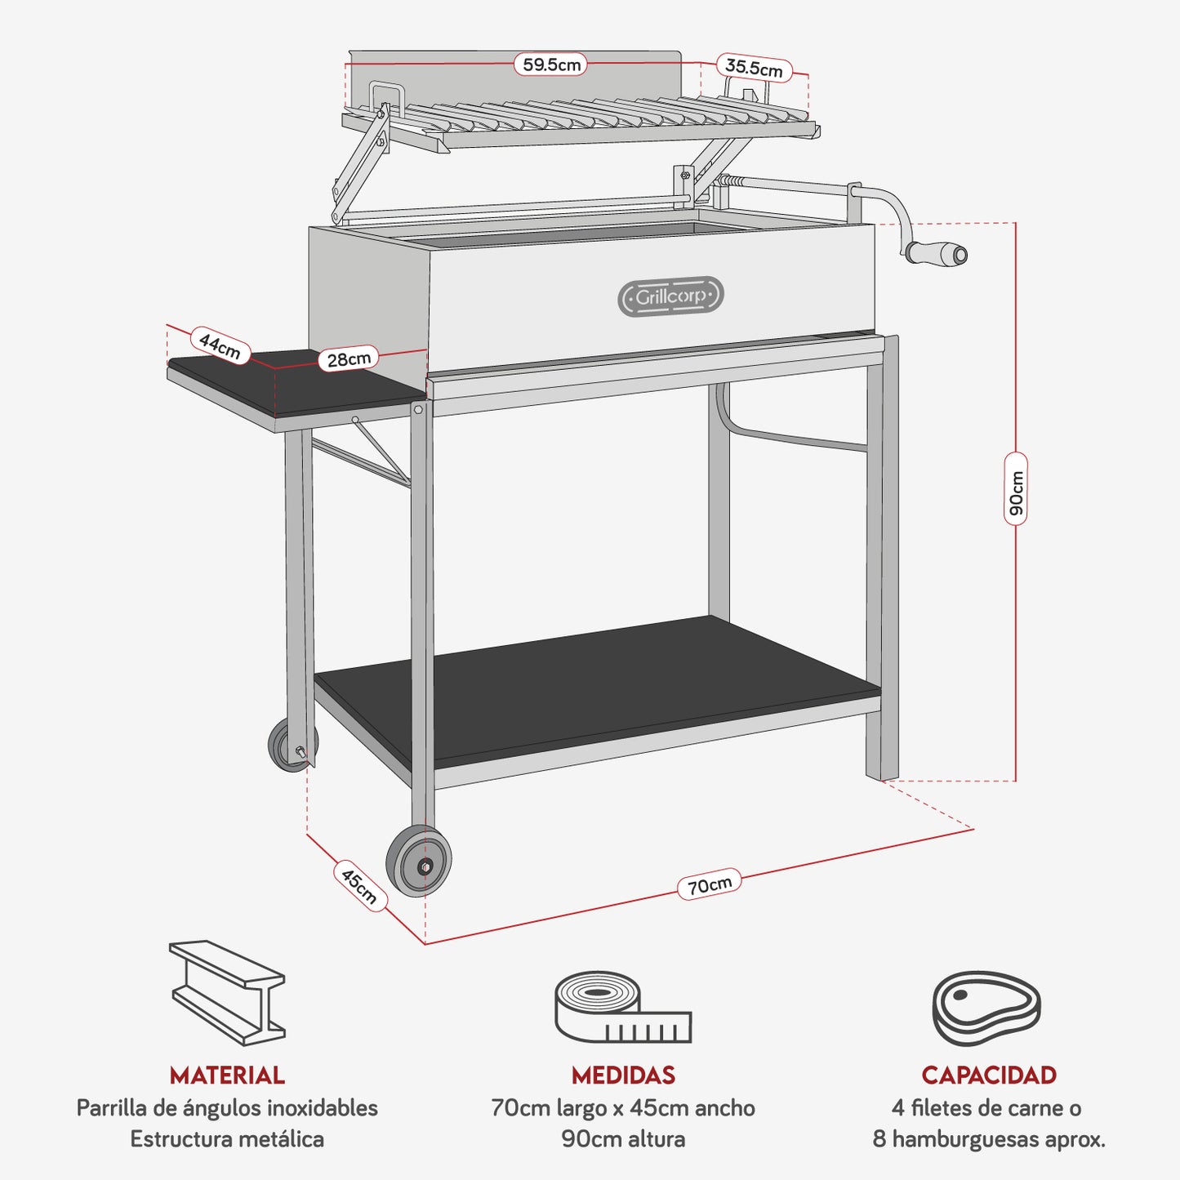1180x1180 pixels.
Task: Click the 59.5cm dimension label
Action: pyautogui.click(x=551, y=65)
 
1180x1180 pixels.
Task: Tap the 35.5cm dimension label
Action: pyautogui.click(x=754, y=69)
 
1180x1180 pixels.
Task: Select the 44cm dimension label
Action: pyautogui.click(x=220, y=345)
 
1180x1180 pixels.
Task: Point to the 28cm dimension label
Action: pyautogui.click(x=349, y=358)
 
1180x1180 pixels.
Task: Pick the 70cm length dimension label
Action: pyautogui.click(x=709, y=885)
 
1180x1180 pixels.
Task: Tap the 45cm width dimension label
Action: pyautogui.click(x=359, y=885)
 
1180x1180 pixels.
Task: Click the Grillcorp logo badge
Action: pyautogui.click(x=670, y=296)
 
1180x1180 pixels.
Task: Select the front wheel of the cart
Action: pyautogui.click(x=419, y=862)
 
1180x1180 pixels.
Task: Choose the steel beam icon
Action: pyautogui.click(x=227, y=992)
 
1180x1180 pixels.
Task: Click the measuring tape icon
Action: pyautogui.click(x=622, y=1008)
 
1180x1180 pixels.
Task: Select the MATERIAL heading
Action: pyautogui.click(x=227, y=1075)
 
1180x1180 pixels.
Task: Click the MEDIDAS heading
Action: pyautogui.click(x=623, y=1075)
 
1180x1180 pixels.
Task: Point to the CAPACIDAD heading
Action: pyautogui.click(x=989, y=1075)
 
